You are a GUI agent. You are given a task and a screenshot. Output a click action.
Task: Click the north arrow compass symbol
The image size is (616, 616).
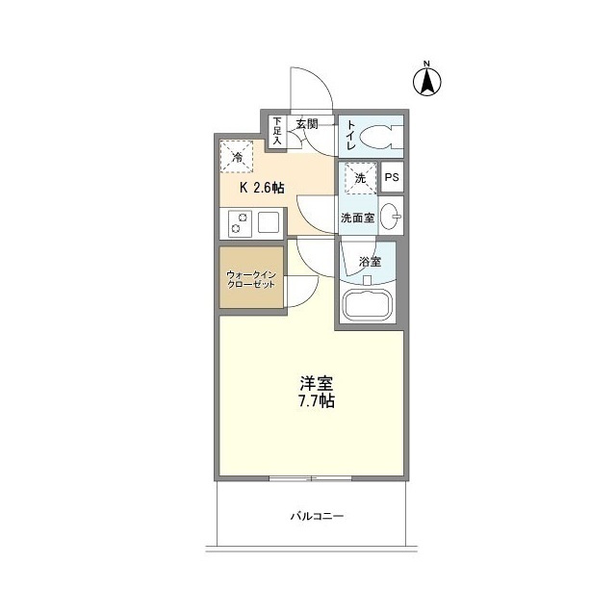[424, 80]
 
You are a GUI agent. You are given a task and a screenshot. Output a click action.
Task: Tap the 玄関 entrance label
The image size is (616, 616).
[307, 123]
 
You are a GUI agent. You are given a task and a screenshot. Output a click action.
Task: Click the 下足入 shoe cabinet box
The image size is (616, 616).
[277, 130]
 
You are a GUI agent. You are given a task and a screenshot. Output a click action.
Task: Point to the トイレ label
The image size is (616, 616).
[351, 136]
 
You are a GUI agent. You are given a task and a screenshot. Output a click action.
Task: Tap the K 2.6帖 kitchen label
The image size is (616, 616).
[255, 187]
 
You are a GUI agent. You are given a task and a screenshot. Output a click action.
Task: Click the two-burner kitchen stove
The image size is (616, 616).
[240, 224]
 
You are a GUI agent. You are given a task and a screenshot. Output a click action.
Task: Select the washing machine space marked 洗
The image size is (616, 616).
[359, 178]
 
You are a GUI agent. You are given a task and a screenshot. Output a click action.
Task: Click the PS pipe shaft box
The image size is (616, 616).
[392, 178]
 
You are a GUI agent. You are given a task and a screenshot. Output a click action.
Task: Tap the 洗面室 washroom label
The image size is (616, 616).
[357, 218]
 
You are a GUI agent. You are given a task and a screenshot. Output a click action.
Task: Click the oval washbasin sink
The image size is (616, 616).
[392, 217]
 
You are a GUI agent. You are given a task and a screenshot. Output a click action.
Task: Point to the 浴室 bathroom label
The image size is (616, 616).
[370, 262]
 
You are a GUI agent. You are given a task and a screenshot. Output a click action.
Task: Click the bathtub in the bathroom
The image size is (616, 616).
[370, 307]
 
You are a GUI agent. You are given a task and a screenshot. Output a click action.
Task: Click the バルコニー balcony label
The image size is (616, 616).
[317, 517]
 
